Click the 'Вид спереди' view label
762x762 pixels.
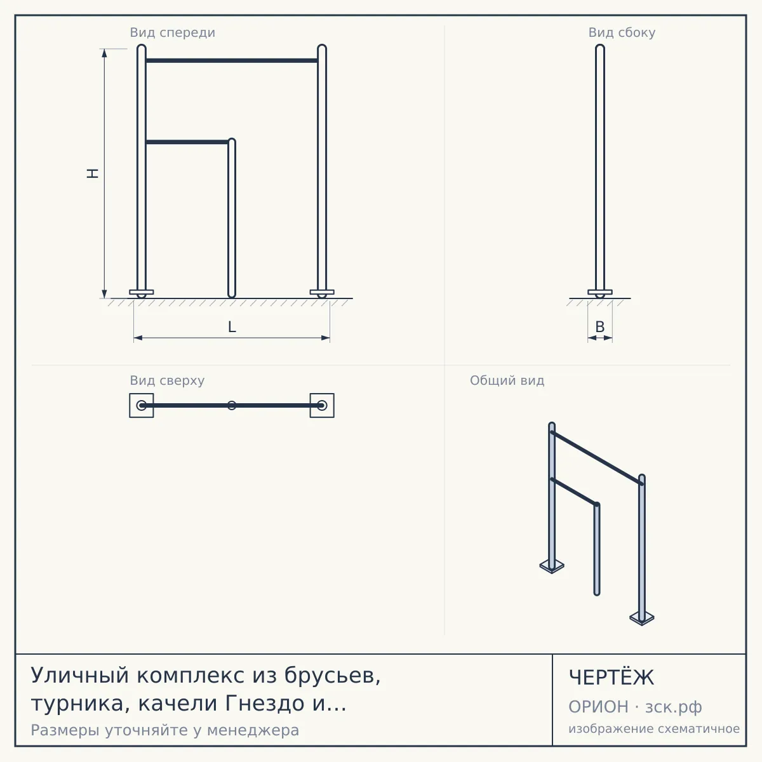173,32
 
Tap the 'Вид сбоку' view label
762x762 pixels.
622,32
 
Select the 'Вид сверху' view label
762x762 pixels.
167,380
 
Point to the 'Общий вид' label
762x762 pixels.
507,380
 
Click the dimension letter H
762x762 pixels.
93,173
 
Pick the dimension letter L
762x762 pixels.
232,327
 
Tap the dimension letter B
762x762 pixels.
600,326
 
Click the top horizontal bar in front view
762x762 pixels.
232,60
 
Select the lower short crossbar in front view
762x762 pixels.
187,142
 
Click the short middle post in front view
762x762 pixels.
232,218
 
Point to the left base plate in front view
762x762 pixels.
142,292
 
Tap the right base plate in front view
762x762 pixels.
322,292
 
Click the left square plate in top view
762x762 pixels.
131,405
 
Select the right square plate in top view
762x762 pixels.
333,405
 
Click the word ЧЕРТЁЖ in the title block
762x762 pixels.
612,678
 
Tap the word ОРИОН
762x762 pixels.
598,707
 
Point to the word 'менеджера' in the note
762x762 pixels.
253,730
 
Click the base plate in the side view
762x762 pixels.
600,292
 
